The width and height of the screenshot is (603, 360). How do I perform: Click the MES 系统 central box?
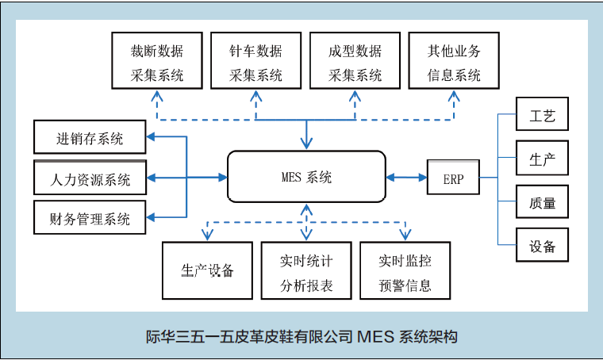pyautogui.click(x=306, y=177)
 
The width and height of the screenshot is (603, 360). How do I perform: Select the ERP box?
pyautogui.click(x=453, y=177)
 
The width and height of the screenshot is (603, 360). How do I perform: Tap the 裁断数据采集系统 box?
pyautogui.click(x=157, y=61)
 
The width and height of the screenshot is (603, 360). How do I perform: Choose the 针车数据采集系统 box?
pyautogui.click(x=255, y=61)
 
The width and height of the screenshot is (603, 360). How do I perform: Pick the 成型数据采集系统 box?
pyautogui.click(x=355, y=61)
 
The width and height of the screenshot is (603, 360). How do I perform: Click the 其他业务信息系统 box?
pyautogui.click(x=454, y=61)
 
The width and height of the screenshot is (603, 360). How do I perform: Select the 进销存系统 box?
pyautogui.click(x=90, y=137)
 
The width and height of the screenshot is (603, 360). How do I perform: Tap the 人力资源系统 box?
pyautogui.click(x=90, y=178)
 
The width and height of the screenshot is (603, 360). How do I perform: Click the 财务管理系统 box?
pyautogui.click(x=90, y=217)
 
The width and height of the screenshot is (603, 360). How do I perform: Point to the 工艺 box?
pyautogui.click(x=542, y=114)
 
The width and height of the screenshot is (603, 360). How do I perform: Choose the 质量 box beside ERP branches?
pyautogui.click(x=542, y=201)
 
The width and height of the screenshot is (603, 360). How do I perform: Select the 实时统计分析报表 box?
pyautogui.click(x=306, y=270)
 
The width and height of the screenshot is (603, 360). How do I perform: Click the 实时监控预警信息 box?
pyautogui.click(x=405, y=270)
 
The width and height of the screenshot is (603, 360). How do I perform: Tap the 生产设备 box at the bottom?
pyautogui.click(x=207, y=270)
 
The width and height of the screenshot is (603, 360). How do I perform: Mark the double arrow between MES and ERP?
pyautogui.click(x=406, y=177)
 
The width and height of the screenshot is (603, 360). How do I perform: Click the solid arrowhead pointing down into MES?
pyautogui.click(x=306, y=144)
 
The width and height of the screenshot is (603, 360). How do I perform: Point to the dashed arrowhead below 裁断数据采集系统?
pyautogui.click(x=157, y=96)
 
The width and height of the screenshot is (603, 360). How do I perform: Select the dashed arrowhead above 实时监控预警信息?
pyautogui.click(x=405, y=235)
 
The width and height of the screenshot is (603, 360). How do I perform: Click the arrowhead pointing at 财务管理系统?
pyautogui.click(x=151, y=217)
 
